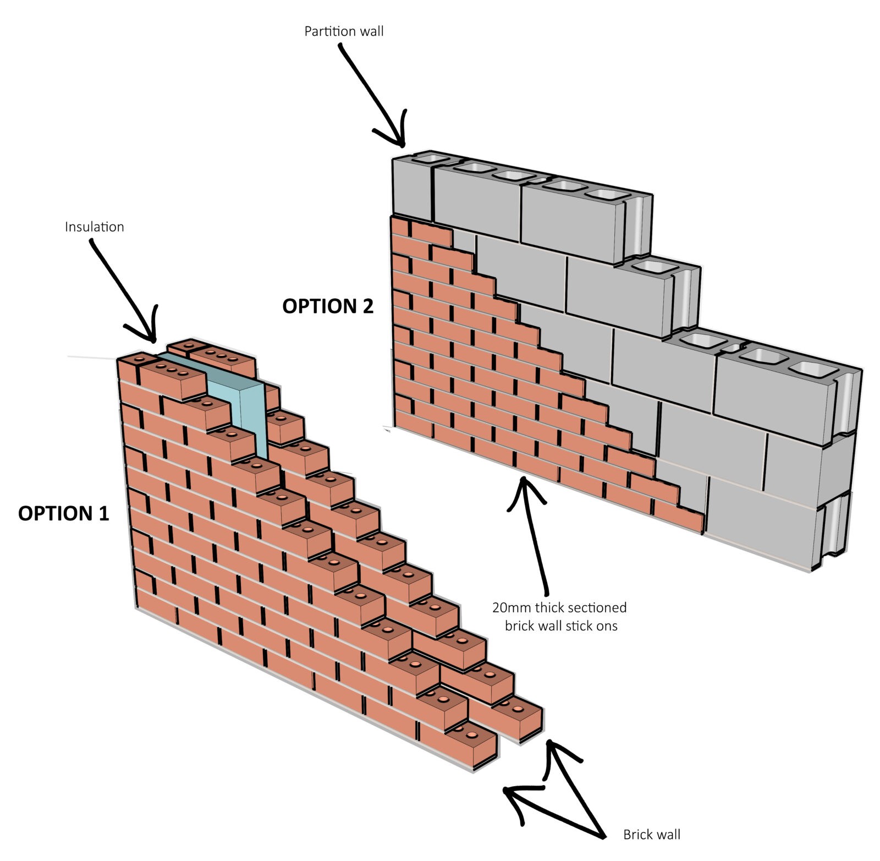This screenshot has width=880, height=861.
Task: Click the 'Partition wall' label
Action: [344, 31]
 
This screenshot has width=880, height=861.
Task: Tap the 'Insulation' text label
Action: [94, 227]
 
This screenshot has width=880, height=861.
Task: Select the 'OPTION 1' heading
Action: [64, 513]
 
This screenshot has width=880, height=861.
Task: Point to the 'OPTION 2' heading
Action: [328, 306]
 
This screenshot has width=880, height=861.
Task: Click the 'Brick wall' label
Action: [651, 835]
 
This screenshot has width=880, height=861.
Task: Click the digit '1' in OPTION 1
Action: [103, 513]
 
